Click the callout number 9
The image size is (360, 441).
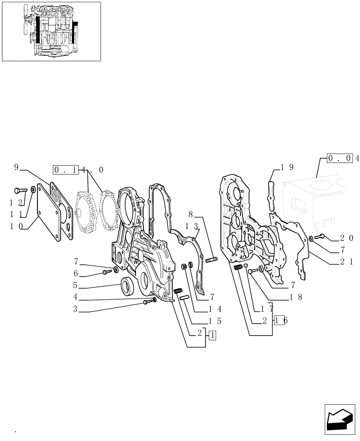pos(16,167)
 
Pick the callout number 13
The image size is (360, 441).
pos(191,226)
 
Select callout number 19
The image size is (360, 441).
pos(288,168)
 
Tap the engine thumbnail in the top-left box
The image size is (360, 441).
pos(51,31)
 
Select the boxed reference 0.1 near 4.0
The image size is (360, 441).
pos(65,169)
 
